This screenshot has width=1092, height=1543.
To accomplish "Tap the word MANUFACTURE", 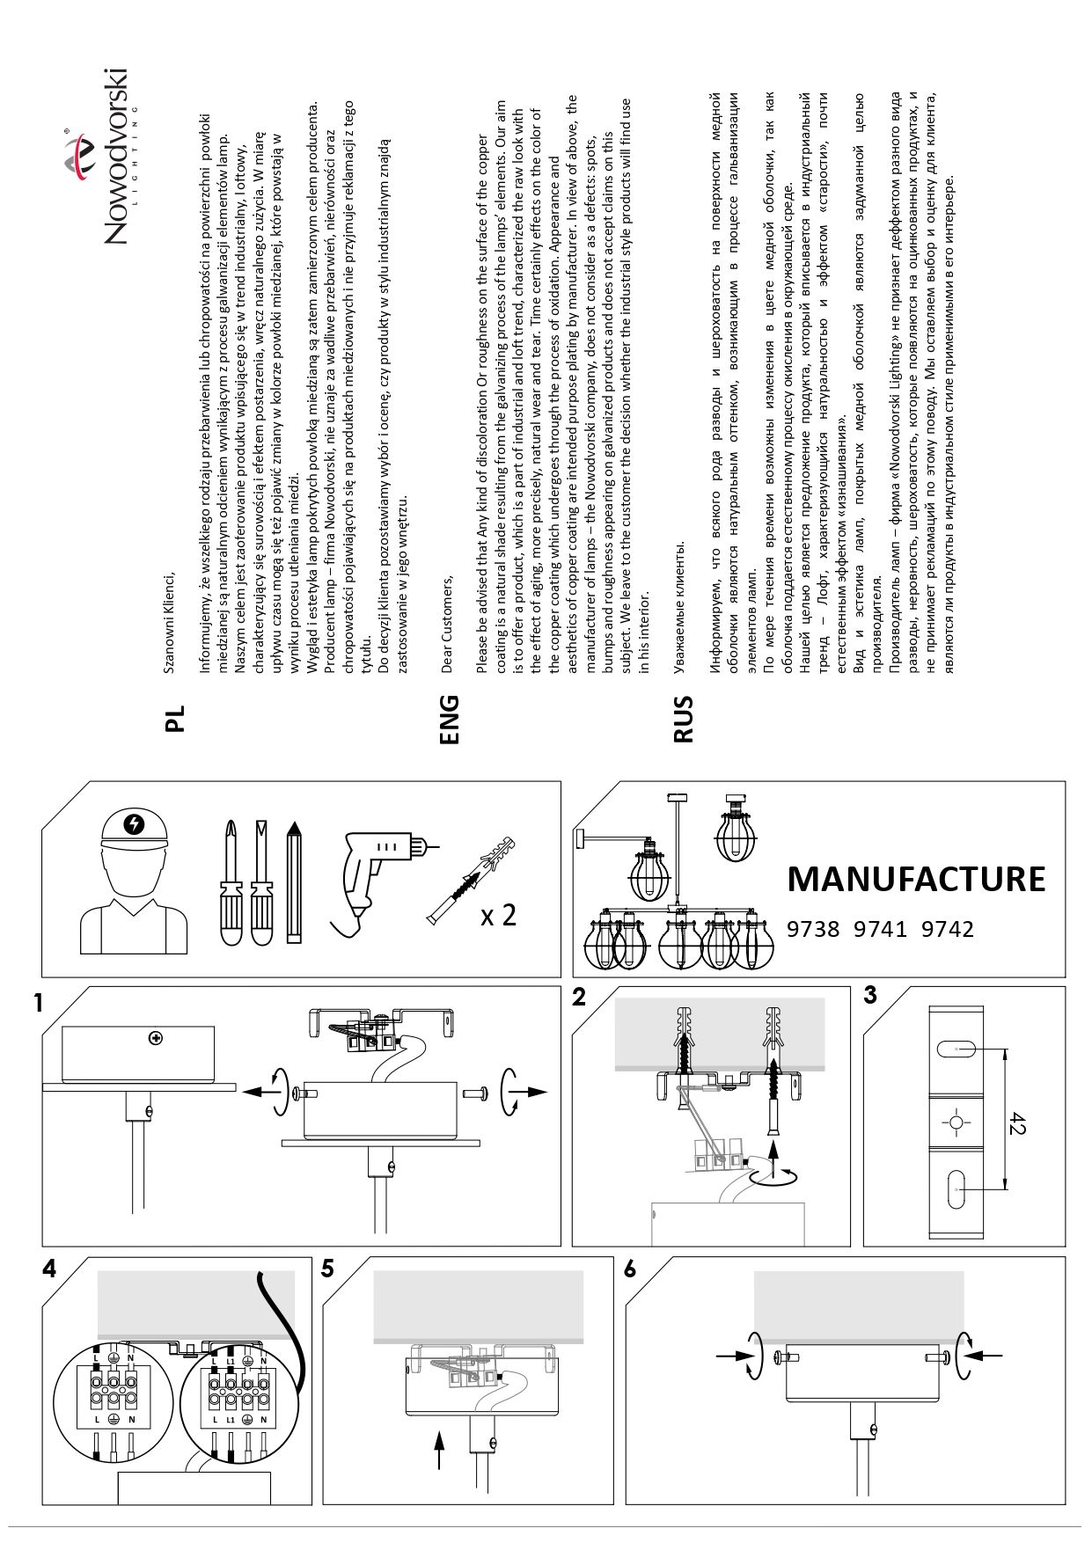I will (916, 878).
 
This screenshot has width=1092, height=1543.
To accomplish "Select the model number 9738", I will (813, 929).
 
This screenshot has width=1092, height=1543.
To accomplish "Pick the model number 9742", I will (947, 929).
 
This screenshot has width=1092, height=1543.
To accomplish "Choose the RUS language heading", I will (683, 720).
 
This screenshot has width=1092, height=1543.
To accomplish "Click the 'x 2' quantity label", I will (498, 915).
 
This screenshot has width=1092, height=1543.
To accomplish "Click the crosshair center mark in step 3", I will (956, 1123).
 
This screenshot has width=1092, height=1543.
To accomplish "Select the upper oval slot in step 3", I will (956, 1049).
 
